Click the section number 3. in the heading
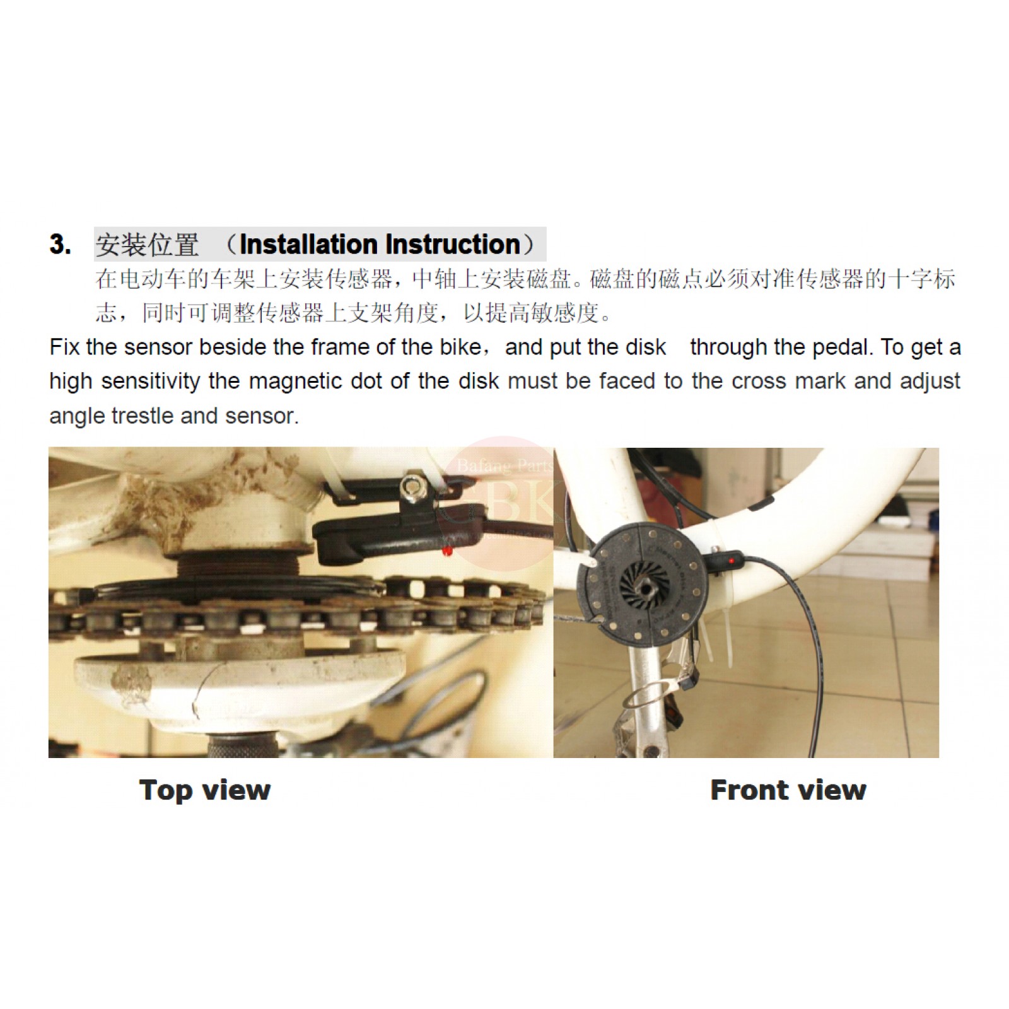pos(60,244)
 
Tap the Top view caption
pos(204,790)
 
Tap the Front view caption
pos(788,790)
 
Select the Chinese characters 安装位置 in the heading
pos(147,245)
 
